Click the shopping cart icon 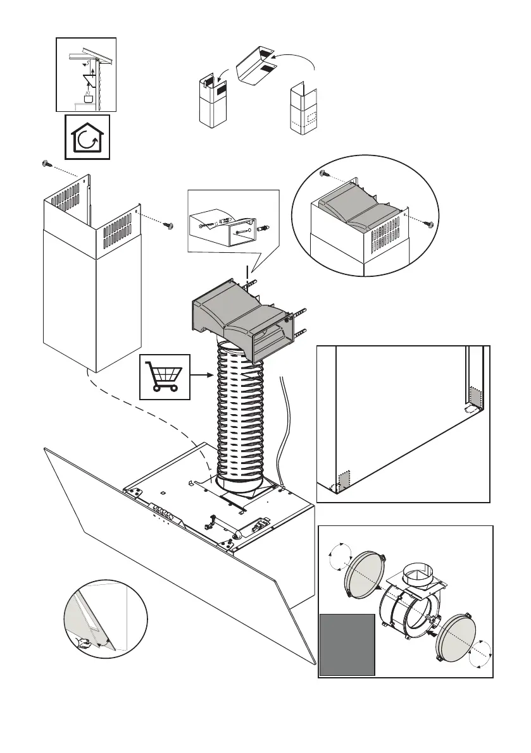click(x=165, y=376)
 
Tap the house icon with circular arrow click(x=88, y=137)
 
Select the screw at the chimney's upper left click(x=46, y=164)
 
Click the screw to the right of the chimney click(x=168, y=224)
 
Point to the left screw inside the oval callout click(x=323, y=173)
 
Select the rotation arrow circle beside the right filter click(x=480, y=654)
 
